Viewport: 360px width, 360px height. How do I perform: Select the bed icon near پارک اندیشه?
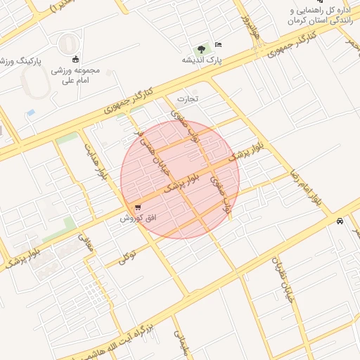218,44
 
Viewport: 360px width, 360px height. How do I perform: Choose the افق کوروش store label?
137,219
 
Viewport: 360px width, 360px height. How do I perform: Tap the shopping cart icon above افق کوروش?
137,208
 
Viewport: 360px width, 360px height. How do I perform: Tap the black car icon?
340,221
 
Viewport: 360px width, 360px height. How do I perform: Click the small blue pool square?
30,112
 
